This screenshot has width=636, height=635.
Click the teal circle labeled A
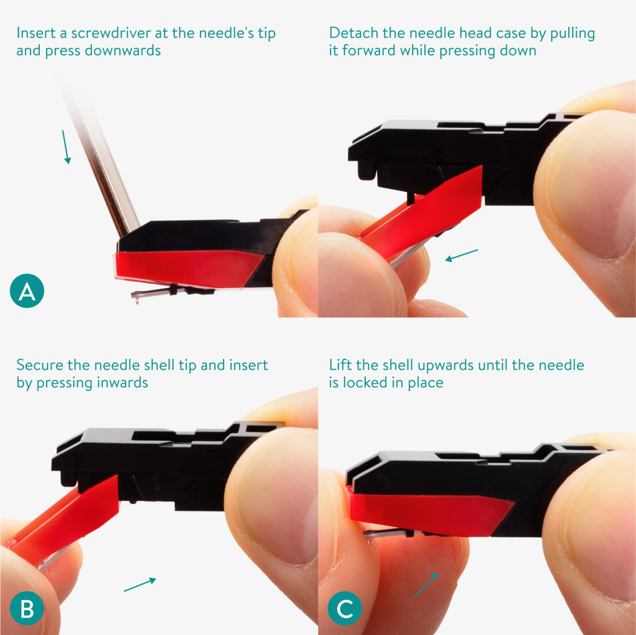click(27, 290)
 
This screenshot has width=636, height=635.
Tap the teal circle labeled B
click(27, 608)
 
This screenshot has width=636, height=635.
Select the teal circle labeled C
click(345, 608)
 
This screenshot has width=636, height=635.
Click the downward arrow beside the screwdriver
click(66, 146)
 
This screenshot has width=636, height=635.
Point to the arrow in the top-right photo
click(461, 255)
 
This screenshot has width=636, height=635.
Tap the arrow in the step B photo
click(140, 584)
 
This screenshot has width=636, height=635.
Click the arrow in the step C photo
click(426, 585)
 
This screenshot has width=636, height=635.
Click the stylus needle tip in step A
click(137, 301)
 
